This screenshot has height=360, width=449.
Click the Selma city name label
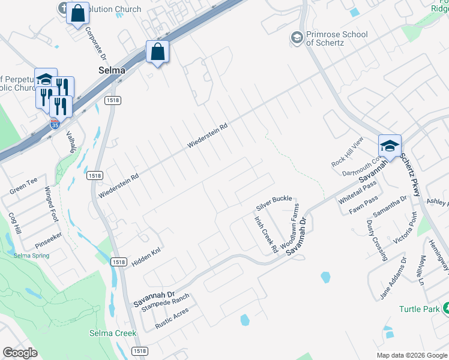tap(112, 70)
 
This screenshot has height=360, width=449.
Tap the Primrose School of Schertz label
tap(336, 38)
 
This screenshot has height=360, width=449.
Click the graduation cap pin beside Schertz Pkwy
tap(389, 146)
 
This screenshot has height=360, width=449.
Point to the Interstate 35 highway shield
tap(55, 124)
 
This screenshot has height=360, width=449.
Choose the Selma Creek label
tap(113, 333)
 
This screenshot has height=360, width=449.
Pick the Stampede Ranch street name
tap(165, 303)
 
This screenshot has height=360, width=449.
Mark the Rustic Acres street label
tap(173, 319)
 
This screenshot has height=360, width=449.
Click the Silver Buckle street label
tap(274, 202)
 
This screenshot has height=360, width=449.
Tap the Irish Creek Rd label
tap(265, 234)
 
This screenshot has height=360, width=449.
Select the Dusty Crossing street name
tap(376, 240)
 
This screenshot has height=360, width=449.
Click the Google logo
tap(20, 352)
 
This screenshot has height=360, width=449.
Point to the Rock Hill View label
tap(348, 152)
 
